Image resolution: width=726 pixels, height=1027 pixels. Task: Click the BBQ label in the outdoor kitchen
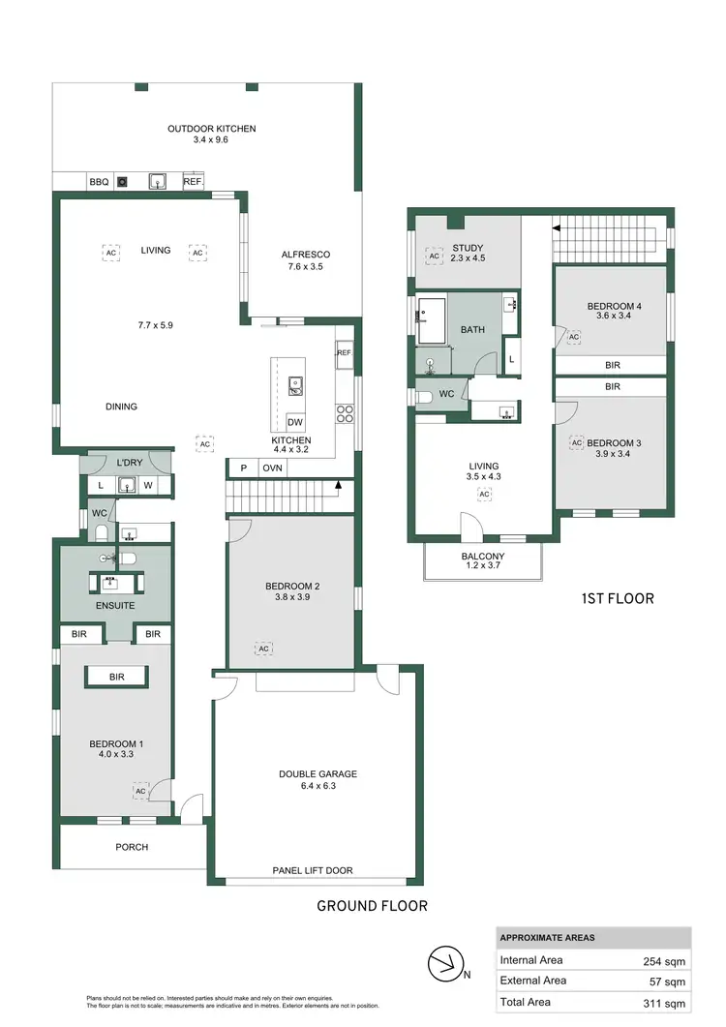99,182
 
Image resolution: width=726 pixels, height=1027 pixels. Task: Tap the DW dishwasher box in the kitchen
296,423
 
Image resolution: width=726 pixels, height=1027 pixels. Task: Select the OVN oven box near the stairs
273,468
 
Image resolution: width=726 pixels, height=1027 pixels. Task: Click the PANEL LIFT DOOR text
312,870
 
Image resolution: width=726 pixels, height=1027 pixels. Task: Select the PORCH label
132,847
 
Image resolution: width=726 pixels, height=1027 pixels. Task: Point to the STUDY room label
468,249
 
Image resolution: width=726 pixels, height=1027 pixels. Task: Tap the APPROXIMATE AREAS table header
547,938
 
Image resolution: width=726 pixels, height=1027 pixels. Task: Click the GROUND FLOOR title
372,907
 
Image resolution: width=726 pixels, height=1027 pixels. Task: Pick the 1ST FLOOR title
617,599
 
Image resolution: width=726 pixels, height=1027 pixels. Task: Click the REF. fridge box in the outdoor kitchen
193,182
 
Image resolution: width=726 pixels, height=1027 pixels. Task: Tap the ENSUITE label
115,606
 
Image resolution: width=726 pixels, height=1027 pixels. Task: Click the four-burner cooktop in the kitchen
344,414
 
